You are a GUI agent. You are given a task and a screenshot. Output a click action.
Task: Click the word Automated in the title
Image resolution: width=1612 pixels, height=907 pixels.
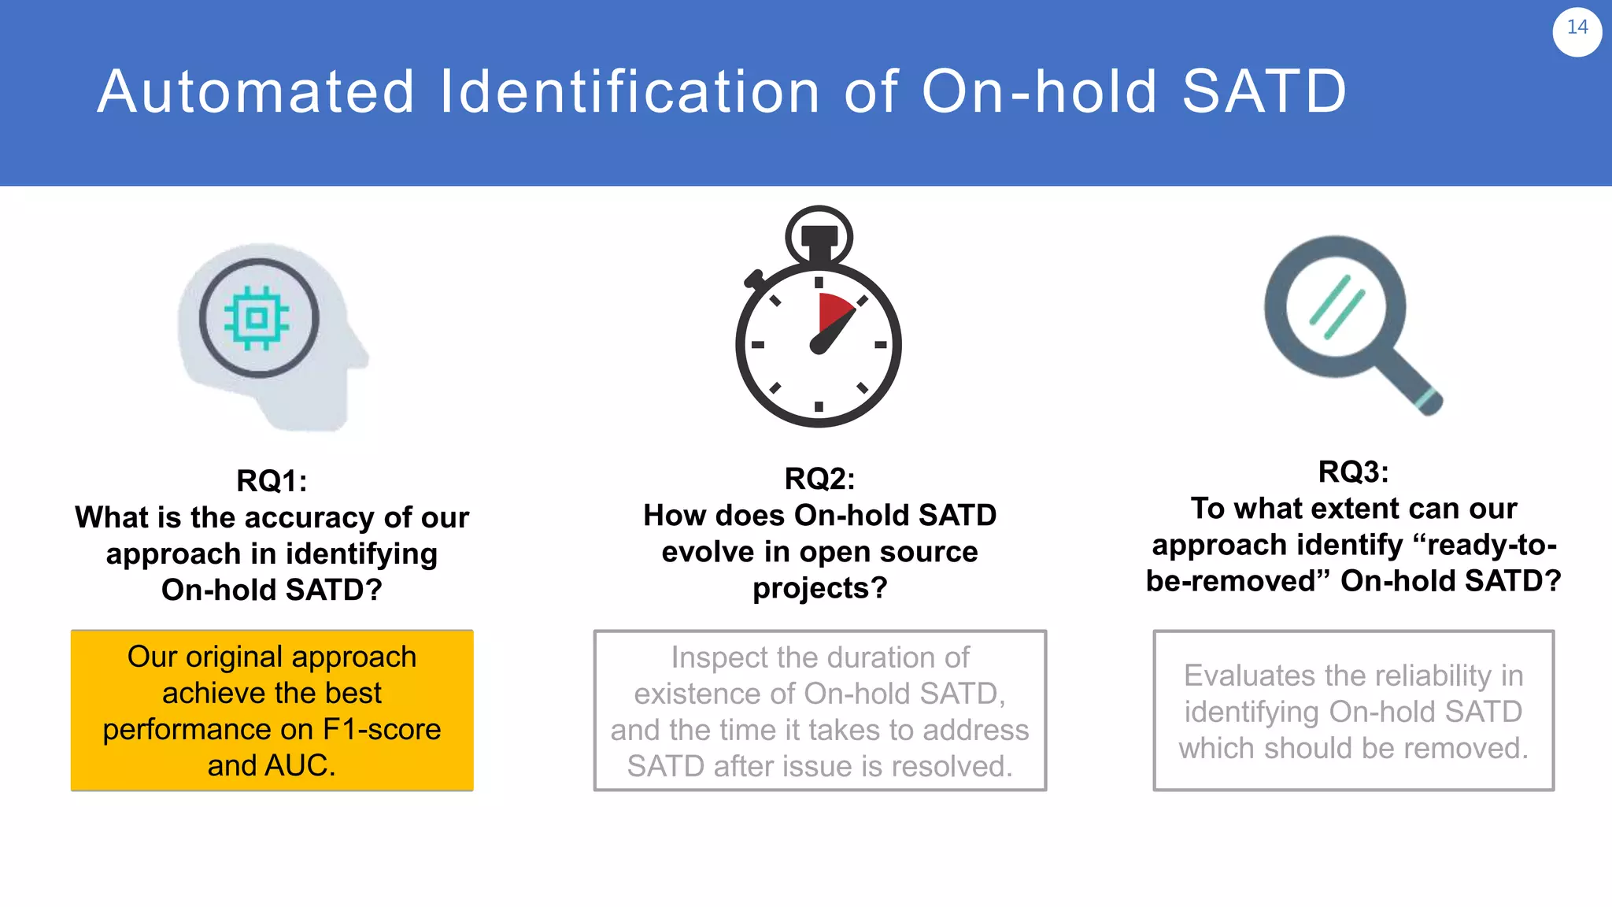click(x=256, y=92)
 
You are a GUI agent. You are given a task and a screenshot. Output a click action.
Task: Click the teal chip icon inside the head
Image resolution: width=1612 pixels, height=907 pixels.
click(x=257, y=318)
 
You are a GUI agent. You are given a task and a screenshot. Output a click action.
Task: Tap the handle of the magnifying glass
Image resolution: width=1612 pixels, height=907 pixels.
click(x=1413, y=383)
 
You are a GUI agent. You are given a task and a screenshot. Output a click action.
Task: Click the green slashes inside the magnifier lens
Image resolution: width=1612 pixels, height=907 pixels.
click(x=1337, y=307)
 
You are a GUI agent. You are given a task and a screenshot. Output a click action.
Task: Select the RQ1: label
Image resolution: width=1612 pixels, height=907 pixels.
click(x=272, y=481)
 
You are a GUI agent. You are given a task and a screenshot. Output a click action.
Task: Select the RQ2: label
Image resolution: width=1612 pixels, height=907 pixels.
click(x=819, y=479)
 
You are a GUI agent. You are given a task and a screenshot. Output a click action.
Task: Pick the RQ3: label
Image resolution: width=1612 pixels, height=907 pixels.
click(x=1353, y=472)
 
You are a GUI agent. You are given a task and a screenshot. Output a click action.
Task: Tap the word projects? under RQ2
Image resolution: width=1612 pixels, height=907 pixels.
click(x=819, y=588)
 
